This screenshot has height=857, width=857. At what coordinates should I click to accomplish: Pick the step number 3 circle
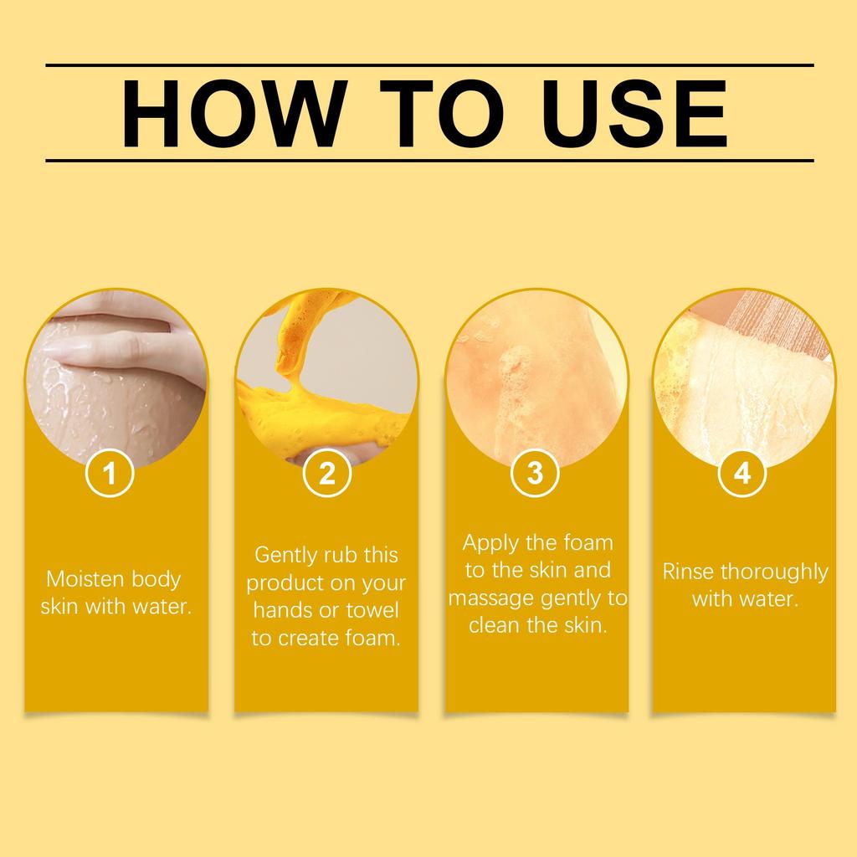click(536, 474)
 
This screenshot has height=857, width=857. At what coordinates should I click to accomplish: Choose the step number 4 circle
click(742, 474)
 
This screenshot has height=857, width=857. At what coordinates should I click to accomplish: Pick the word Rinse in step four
click(688, 572)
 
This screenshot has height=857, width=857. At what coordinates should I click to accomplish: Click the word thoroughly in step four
click(774, 572)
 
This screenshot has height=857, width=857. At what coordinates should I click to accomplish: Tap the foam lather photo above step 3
click(536, 377)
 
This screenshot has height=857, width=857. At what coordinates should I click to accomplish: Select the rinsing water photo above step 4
click(743, 377)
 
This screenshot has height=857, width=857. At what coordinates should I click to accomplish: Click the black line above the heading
click(428, 64)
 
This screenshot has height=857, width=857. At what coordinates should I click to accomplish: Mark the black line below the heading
click(428, 159)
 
